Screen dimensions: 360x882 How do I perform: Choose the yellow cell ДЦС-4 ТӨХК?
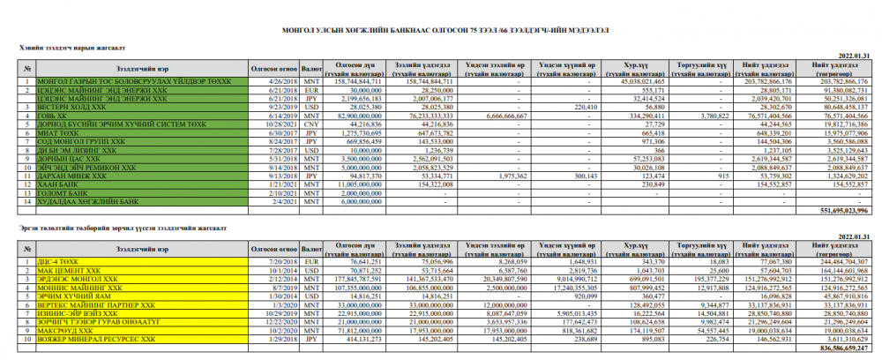pyautogui.click(x=53, y=262)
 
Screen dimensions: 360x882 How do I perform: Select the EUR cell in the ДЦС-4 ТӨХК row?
pyautogui.click(x=310, y=262)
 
